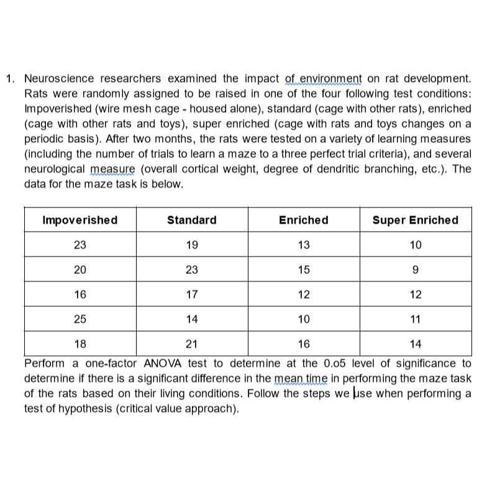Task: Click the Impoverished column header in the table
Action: point(80,220)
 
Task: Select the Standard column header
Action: point(192,220)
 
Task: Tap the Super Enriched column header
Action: point(415,220)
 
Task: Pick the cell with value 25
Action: point(80,319)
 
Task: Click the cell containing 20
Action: point(80,270)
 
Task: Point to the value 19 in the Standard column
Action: point(192,245)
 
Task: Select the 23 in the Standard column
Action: point(192,270)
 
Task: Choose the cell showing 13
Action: point(304,245)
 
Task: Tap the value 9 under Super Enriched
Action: point(416,270)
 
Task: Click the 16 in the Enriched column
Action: point(304,344)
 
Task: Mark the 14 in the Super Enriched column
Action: point(416,344)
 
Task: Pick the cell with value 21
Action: point(192,344)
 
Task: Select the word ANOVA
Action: point(162,363)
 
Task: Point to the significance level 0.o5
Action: point(340,363)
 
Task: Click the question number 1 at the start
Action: point(9,79)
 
